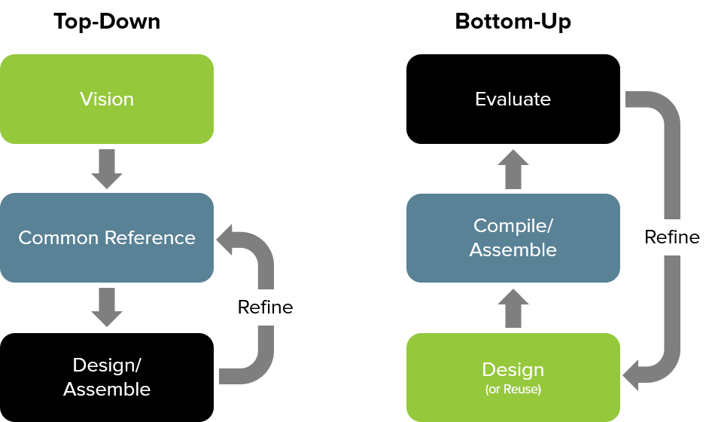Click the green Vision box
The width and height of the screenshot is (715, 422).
tap(107, 99)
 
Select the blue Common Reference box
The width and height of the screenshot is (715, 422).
tap(107, 238)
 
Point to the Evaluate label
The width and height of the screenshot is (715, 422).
tap(513, 99)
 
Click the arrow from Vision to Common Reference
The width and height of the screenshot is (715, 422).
tap(107, 169)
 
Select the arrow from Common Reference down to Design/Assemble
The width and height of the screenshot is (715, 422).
tap(107, 307)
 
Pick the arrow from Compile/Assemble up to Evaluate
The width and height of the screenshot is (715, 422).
tap(513, 169)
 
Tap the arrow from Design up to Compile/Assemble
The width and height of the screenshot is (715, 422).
tap(513, 308)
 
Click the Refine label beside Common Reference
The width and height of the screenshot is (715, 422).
tap(265, 307)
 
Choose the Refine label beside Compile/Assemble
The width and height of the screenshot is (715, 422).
tap(672, 237)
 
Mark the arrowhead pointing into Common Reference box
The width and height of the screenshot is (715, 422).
tap(226, 239)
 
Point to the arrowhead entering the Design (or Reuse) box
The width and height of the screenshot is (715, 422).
tap(632, 374)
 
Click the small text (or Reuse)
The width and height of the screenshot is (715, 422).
tap(513, 390)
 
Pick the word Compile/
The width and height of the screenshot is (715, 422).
tap(513, 225)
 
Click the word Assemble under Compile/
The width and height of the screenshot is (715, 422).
tap(513, 250)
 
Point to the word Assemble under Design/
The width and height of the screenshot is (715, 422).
tap(107, 390)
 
